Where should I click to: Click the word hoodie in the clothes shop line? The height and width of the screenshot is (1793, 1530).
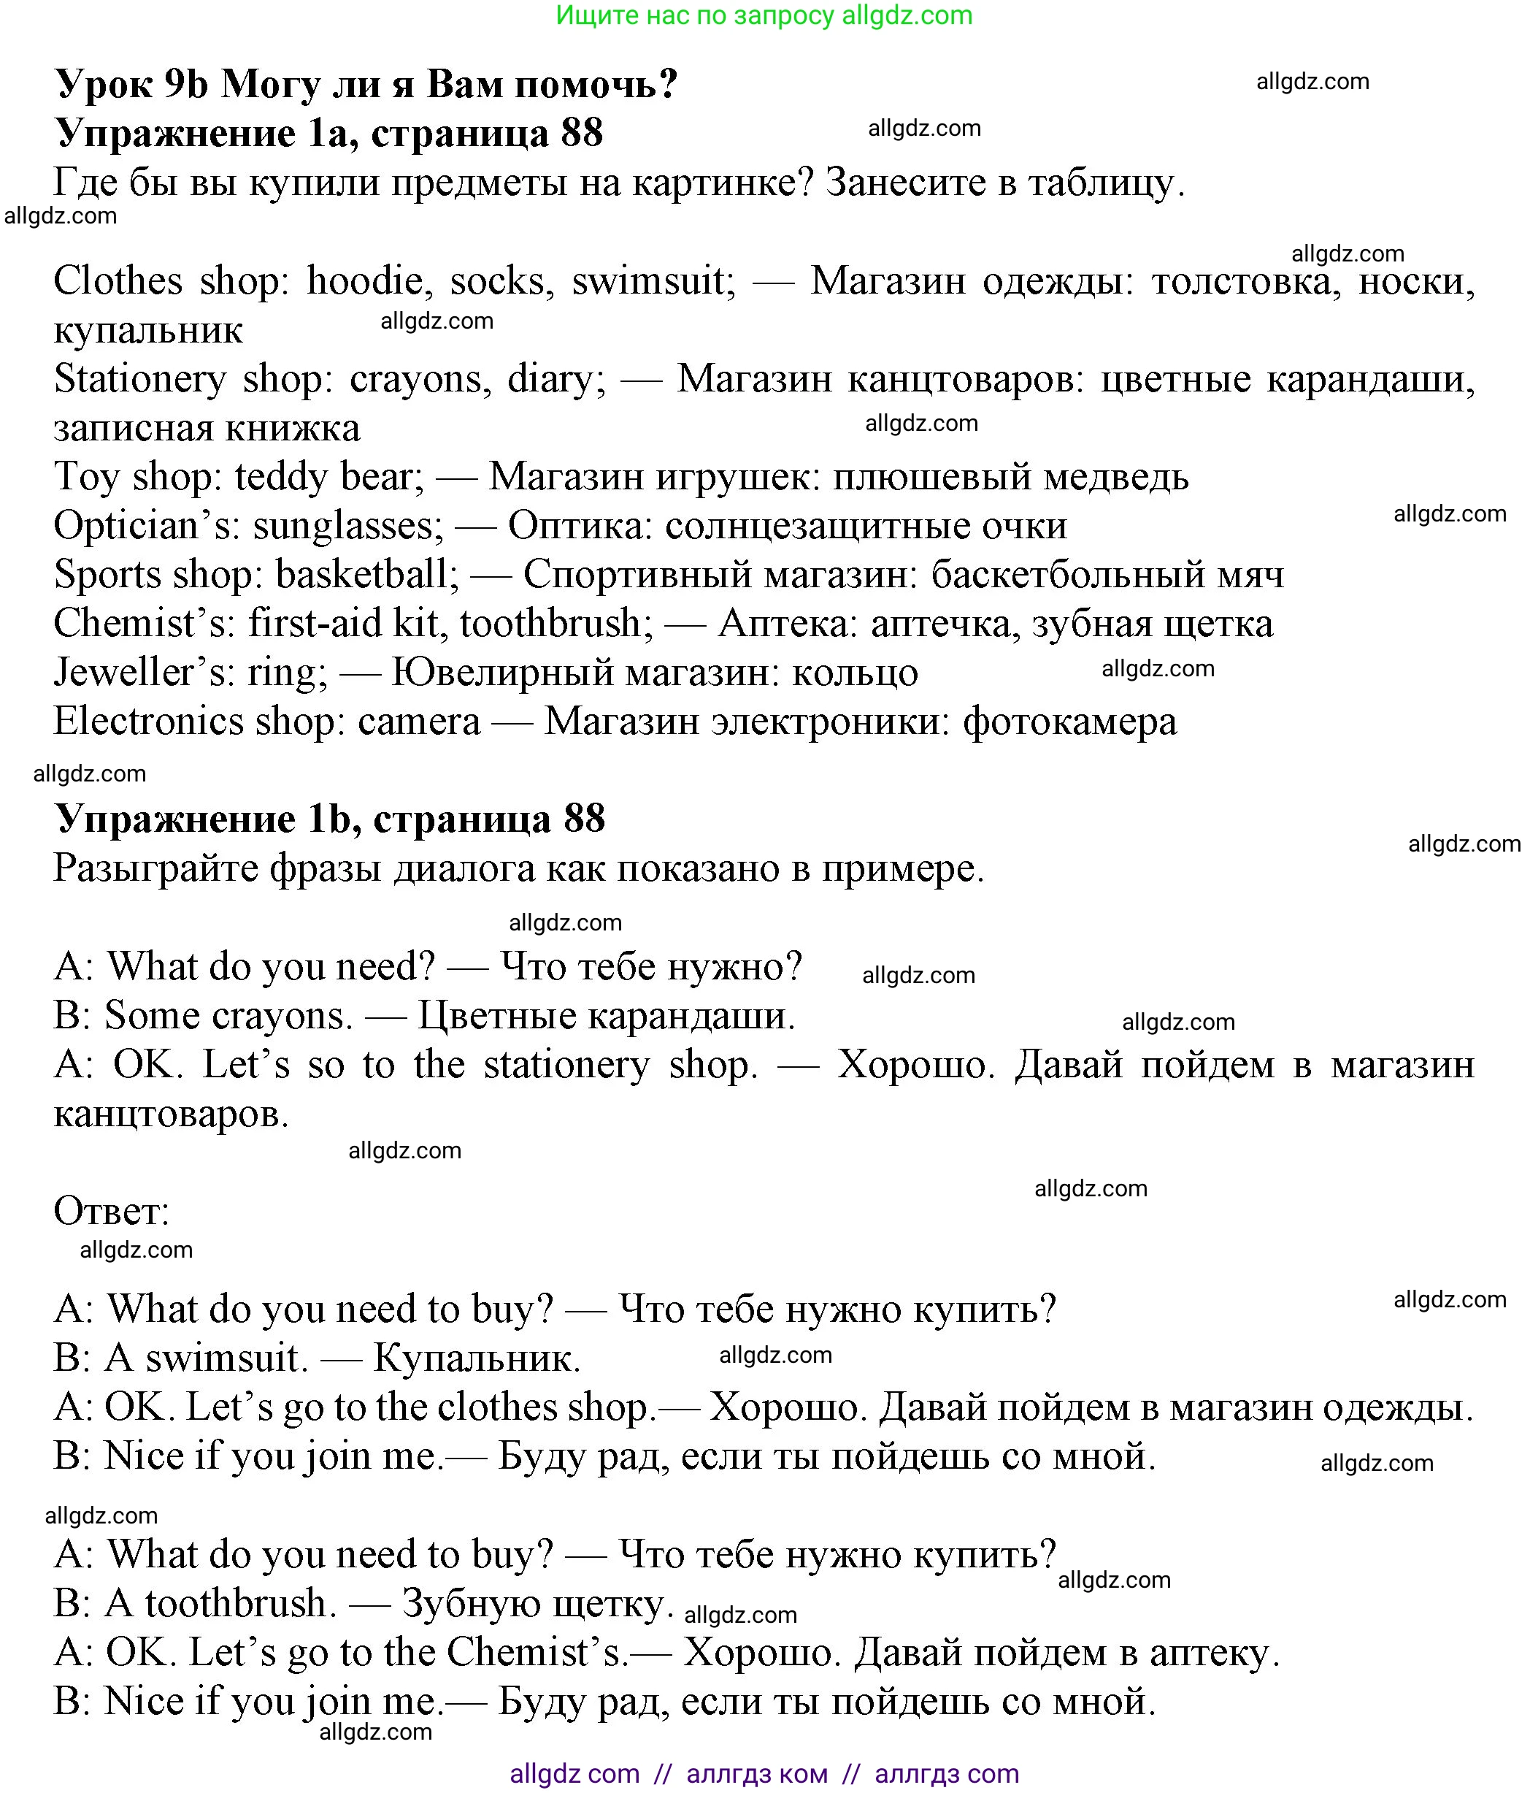click(364, 281)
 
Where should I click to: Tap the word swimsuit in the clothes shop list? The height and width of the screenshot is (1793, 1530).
click(653, 281)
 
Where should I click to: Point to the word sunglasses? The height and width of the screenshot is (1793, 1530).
click(347, 526)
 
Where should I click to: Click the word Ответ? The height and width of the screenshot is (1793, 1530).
click(111, 1212)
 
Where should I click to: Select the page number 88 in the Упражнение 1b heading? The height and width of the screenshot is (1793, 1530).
click(584, 819)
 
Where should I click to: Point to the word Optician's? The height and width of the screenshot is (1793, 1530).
click(146, 526)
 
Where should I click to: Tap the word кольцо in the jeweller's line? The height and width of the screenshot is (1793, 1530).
click(856, 673)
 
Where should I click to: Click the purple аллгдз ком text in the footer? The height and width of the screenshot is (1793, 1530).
click(757, 1775)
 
